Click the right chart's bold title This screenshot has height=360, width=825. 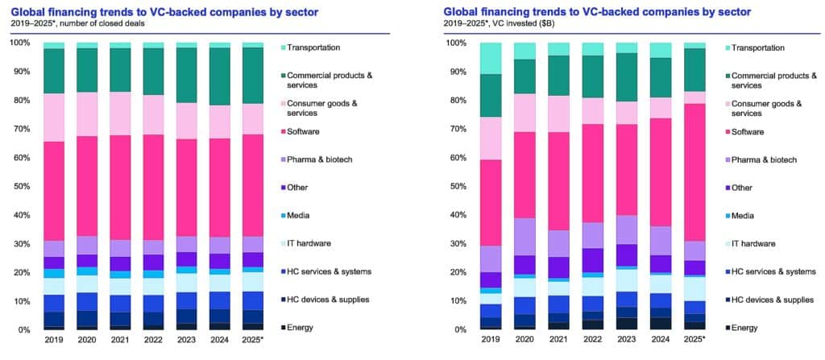tap(591, 11)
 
